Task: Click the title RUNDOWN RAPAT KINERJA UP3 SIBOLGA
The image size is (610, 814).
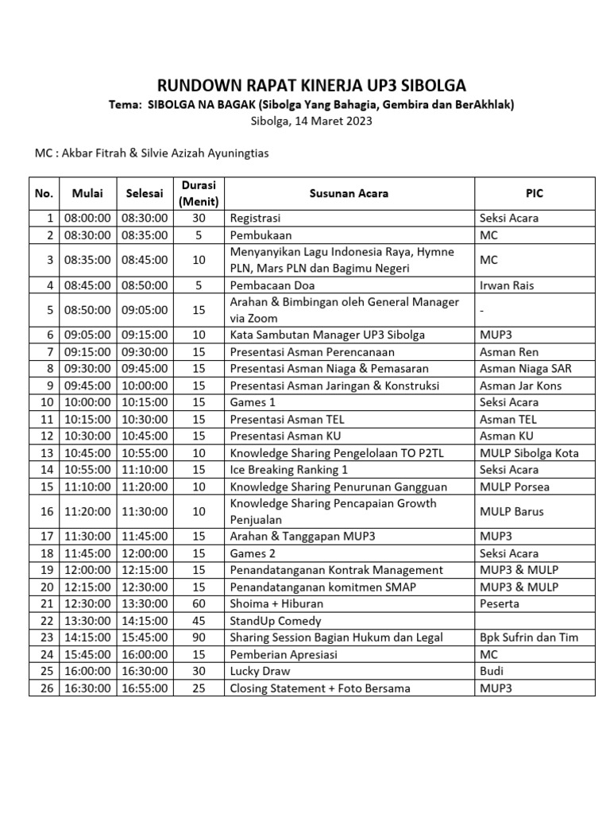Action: (311, 86)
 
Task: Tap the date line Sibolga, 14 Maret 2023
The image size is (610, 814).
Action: (311, 122)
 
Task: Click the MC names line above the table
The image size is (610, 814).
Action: (152, 153)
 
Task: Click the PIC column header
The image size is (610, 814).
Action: (535, 193)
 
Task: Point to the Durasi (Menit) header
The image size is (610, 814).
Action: (199, 193)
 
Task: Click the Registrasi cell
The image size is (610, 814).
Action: (255, 219)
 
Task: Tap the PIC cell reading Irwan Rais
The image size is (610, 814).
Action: (507, 285)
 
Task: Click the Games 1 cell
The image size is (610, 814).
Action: (249, 402)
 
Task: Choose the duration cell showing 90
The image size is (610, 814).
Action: (199, 638)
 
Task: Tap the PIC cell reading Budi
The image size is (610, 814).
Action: (492, 671)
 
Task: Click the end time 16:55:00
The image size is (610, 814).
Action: (145, 688)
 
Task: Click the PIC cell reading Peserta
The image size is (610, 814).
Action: (500, 604)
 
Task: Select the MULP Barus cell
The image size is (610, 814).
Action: (512, 512)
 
